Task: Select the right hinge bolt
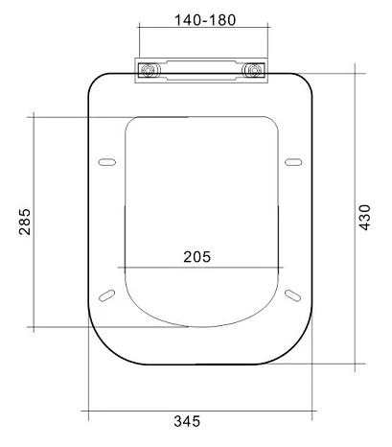[254, 70]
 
